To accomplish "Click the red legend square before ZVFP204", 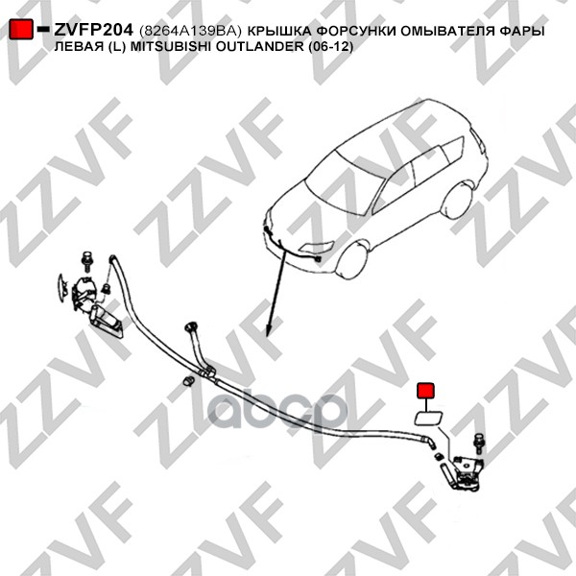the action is click(22, 31).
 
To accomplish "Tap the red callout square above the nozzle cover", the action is click(424, 391).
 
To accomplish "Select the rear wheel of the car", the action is click(460, 200).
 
